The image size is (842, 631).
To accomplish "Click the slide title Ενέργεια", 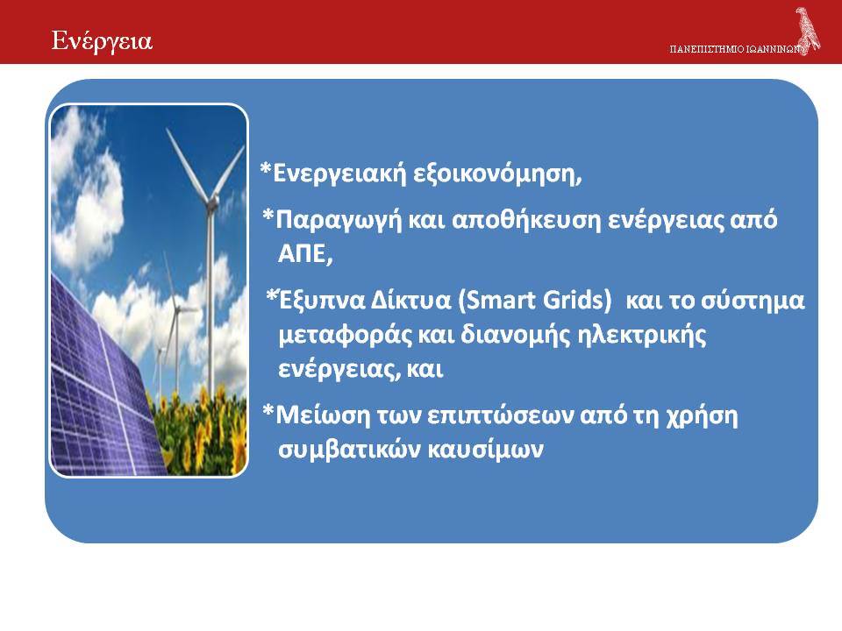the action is pos(102,42).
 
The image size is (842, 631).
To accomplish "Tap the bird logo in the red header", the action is pos(808,32).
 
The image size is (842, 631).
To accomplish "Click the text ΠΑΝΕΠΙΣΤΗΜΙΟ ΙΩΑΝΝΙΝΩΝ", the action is pos(736,49).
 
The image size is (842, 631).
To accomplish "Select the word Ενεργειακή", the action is pos(340,174).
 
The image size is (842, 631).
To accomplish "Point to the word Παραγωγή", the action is pos(339,220).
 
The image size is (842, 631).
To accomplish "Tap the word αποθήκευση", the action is pos(525,219).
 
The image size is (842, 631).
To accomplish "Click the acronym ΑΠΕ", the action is pos(305,254).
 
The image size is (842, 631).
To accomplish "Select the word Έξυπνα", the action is pos(322,301).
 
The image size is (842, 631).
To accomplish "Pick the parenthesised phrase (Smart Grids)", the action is pos(534,300).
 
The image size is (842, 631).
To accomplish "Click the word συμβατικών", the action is pos(350,450).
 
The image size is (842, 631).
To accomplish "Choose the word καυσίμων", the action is pos(485,450).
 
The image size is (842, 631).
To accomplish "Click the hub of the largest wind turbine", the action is pos(212,202).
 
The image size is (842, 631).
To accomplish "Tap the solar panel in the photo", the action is pos(102,386).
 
